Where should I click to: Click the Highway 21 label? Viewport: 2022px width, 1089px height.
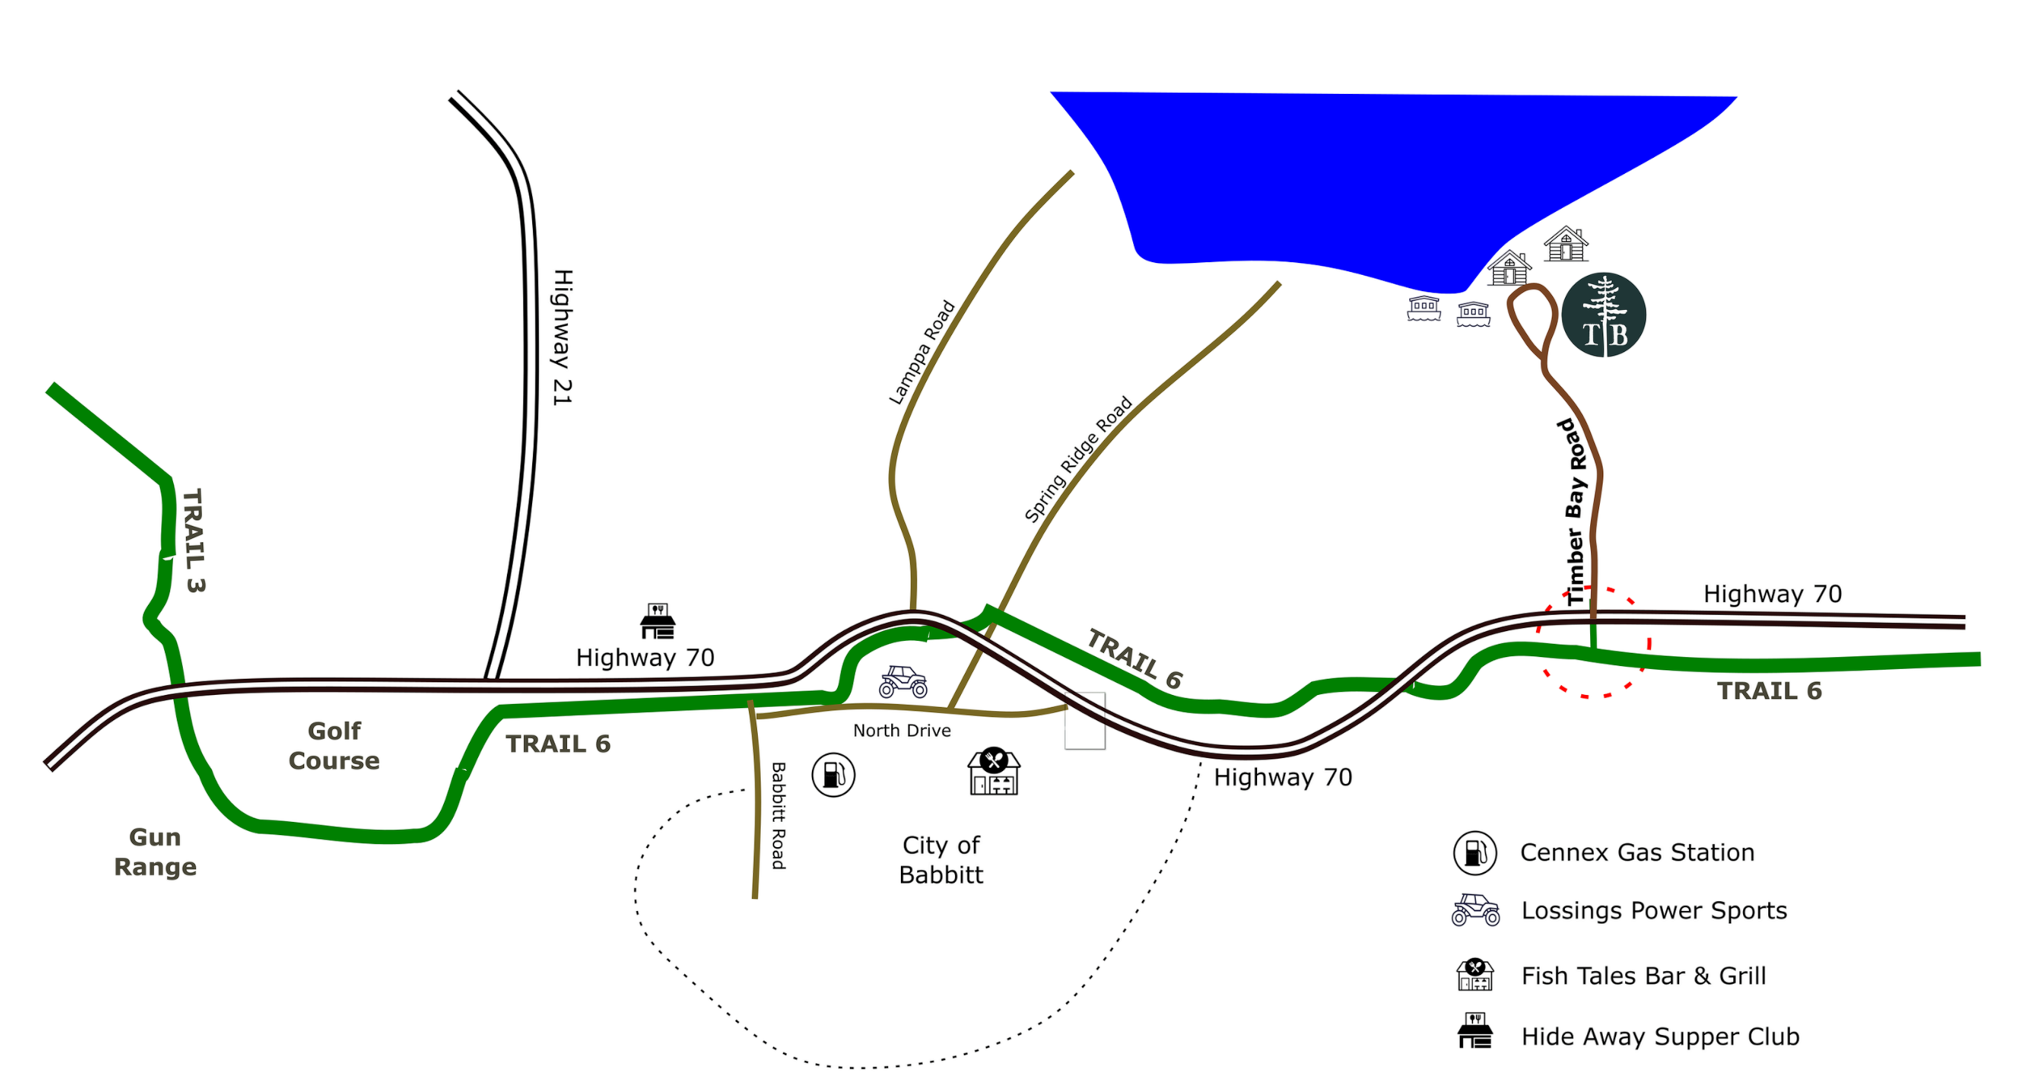click(562, 336)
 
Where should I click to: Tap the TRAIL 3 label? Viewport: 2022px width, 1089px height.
click(192, 540)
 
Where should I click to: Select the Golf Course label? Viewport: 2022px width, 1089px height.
click(334, 746)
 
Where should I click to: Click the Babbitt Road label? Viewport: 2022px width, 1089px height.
click(778, 815)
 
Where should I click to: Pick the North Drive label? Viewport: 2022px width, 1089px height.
click(902, 731)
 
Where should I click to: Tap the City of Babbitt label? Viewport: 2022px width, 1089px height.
click(942, 861)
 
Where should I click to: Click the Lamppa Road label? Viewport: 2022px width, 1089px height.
click(923, 353)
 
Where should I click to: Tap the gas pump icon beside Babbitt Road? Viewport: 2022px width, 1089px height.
click(834, 774)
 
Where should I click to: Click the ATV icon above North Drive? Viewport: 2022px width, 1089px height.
click(903, 681)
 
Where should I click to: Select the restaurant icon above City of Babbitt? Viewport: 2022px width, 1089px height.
click(995, 772)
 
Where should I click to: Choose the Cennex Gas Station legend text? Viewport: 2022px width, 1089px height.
click(1637, 853)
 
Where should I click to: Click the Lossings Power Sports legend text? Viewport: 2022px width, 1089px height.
click(1654, 911)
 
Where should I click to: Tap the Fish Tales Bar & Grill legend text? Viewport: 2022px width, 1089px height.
click(1643, 976)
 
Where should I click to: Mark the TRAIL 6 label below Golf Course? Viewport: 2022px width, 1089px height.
click(558, 744)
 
